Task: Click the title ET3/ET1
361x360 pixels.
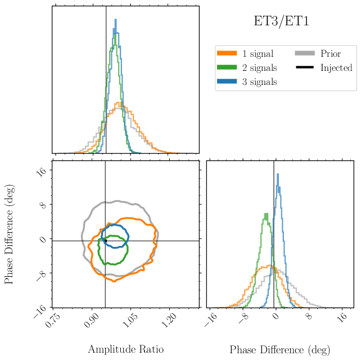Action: pos(281,22)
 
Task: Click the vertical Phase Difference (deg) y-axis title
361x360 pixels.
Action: pos(10,234)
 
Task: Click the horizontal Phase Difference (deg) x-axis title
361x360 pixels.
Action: pos(279,349)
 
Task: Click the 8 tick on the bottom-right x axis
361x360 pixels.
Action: pos(309,317)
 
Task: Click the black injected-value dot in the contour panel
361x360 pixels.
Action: pos(105,241)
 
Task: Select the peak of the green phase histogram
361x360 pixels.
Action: pos(265,214)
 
